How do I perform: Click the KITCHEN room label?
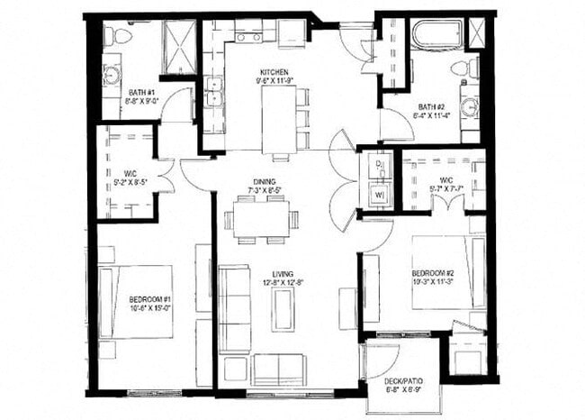pyautogui.click(x=273, y=72)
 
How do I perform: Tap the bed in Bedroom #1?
pyautogui.click(x=135, y=302)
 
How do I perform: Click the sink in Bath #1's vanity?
pyautogui.click(x=112, y=75)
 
